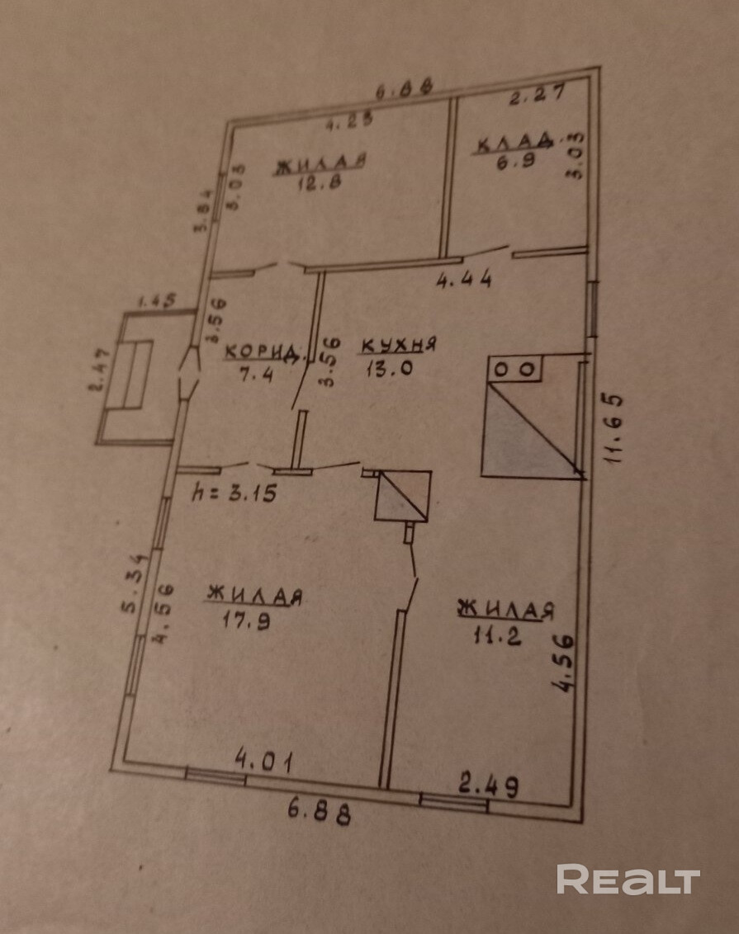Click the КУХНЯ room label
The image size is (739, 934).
tap(398, 347)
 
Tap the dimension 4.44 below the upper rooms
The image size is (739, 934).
tap(464, 280)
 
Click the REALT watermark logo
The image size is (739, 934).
tap(628, 880)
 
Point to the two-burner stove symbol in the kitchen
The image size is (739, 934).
tap(516, 370)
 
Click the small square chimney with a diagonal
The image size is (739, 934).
tap(402, 497)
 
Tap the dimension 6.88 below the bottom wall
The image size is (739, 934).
tap(320, 813)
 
